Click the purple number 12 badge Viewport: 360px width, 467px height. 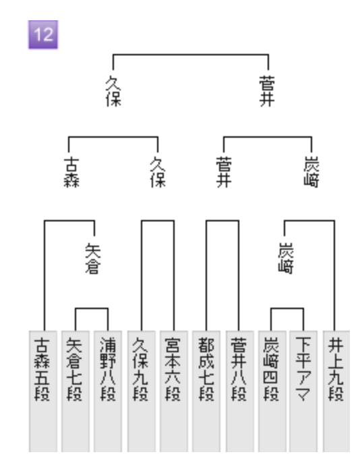point(43,34)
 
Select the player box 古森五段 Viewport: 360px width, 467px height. point(43,391)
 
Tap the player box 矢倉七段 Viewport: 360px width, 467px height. point(76,391)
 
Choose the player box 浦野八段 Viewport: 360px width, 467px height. point(108,391)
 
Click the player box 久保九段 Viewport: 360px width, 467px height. point(142,391)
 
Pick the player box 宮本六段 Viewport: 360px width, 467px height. point(174,391)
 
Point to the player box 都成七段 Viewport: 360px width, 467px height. point(206,391)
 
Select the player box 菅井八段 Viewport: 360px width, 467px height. point(239,391)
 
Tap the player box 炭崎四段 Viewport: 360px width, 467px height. point(272,391)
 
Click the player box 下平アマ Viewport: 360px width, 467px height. point(303,391)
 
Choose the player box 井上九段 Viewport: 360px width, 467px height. point(336,391)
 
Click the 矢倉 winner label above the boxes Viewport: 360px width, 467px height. point(93,258)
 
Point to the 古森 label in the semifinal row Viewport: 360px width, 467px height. point(71,173)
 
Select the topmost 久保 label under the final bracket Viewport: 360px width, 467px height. point(113,91)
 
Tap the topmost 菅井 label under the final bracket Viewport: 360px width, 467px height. point(267,91)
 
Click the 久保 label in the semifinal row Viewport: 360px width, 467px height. point(158,173)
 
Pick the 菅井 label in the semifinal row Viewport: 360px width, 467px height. point(224,173)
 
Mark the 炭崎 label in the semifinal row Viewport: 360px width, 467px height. point(311,173)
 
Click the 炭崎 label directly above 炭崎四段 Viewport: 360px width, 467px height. point(286,258)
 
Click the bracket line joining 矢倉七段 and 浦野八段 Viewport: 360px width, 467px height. point(92,308)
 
